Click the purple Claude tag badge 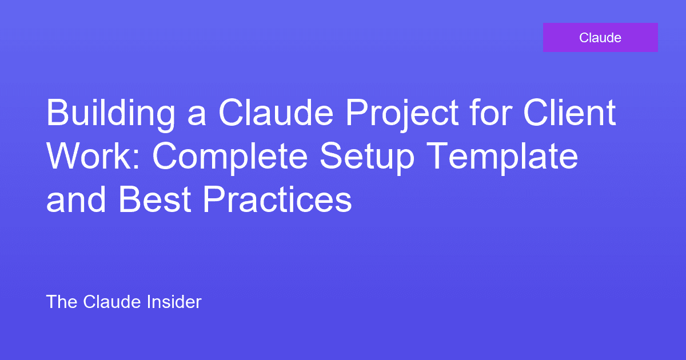point(600,38)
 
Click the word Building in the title point(110,113)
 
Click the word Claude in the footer point(111,302)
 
